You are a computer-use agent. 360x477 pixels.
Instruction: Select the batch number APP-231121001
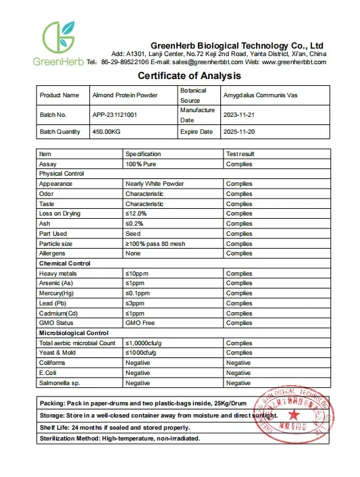(x=114, y=115)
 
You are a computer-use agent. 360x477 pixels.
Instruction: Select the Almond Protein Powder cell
(x=124, y=95)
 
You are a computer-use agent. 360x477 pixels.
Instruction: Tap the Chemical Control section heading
(x=65, y=263)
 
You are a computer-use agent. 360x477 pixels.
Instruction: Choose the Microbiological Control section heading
(x=74, y=333)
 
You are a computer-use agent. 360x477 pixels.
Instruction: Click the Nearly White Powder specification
(x=154, y=184)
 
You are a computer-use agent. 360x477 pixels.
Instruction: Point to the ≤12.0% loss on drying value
(x=136, y=214)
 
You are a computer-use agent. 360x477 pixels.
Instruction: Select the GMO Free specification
(x=140, y=324)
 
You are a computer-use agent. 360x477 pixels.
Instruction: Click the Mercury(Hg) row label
(x=56, y=293)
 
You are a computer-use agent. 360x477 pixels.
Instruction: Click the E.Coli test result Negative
(x=238, y=373)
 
